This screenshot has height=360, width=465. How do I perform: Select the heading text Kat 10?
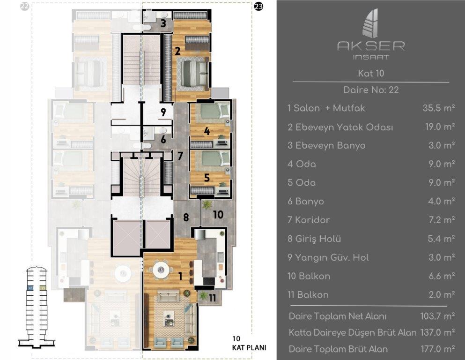pos(371,74)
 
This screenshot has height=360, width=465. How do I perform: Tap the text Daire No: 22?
pos(371,90)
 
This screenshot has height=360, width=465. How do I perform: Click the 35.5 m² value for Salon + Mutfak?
pos(438,108)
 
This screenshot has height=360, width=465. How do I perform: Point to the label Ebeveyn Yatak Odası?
pos(340,127)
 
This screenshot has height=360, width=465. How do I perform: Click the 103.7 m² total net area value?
pos(438,316)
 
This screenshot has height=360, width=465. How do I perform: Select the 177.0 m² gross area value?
pos(438,349)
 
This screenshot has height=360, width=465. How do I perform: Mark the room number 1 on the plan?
pos(180,277)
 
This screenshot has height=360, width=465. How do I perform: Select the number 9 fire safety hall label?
pos(163,112)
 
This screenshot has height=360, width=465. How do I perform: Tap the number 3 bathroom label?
pos(163,23)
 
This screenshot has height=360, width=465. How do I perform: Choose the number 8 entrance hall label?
pos(186,217)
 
